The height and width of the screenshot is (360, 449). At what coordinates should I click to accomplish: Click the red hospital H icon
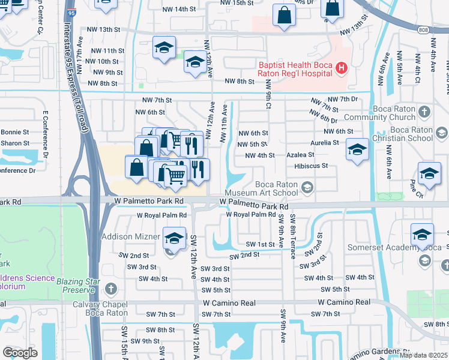(341, 68)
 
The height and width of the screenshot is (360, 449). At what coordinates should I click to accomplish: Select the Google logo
(20, 353)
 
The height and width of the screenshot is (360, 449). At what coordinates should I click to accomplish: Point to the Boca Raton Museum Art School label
(268, 188)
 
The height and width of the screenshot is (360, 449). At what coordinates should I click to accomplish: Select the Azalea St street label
(300, 155)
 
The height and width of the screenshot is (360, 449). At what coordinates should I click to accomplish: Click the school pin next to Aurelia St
(357, 151)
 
